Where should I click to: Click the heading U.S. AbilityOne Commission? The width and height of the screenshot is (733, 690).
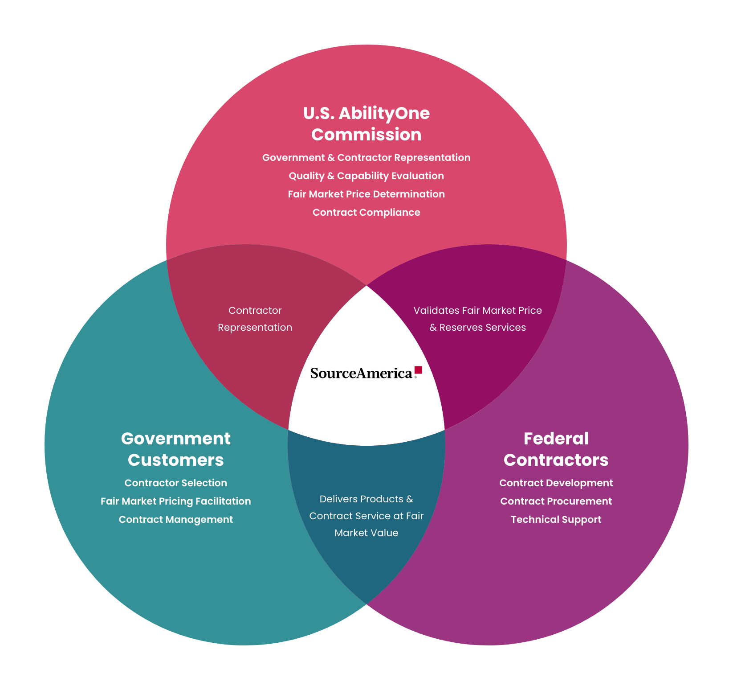click(x=366, y=124)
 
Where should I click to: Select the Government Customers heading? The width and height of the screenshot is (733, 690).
click(x=176, y=449)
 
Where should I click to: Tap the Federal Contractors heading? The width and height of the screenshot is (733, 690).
click(x=556, y=449)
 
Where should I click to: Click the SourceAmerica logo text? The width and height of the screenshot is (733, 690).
click(x=361, y=373)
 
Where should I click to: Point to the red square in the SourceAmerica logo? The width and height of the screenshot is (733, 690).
click(x=418, y=370)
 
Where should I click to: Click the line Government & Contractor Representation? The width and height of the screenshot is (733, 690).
click(x=366, y=158)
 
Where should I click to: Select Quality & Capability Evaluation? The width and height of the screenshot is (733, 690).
click(x=366, y=176)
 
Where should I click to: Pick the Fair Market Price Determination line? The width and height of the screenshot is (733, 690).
click(x=366, y=194)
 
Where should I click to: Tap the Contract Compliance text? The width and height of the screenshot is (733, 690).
click(x=366, y=213)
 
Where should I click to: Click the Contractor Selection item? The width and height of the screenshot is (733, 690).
click(x=176, y=483)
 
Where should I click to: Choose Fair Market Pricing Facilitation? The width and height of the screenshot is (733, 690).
click(x=176, y=501)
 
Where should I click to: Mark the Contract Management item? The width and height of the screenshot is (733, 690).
click(x=176, y=520)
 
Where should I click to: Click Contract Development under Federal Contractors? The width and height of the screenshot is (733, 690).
click(x=556, y=483)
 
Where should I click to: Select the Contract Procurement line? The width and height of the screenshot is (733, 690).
click(x=556, y=501)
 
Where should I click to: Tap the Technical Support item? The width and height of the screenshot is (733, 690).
click(x=556, y=520)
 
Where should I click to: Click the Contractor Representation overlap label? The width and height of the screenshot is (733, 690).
click(x=255, y=319)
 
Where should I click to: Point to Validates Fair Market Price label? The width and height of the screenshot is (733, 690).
click(x=477, y=311)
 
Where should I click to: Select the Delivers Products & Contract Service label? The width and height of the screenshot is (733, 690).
click(x=366, y=516)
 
